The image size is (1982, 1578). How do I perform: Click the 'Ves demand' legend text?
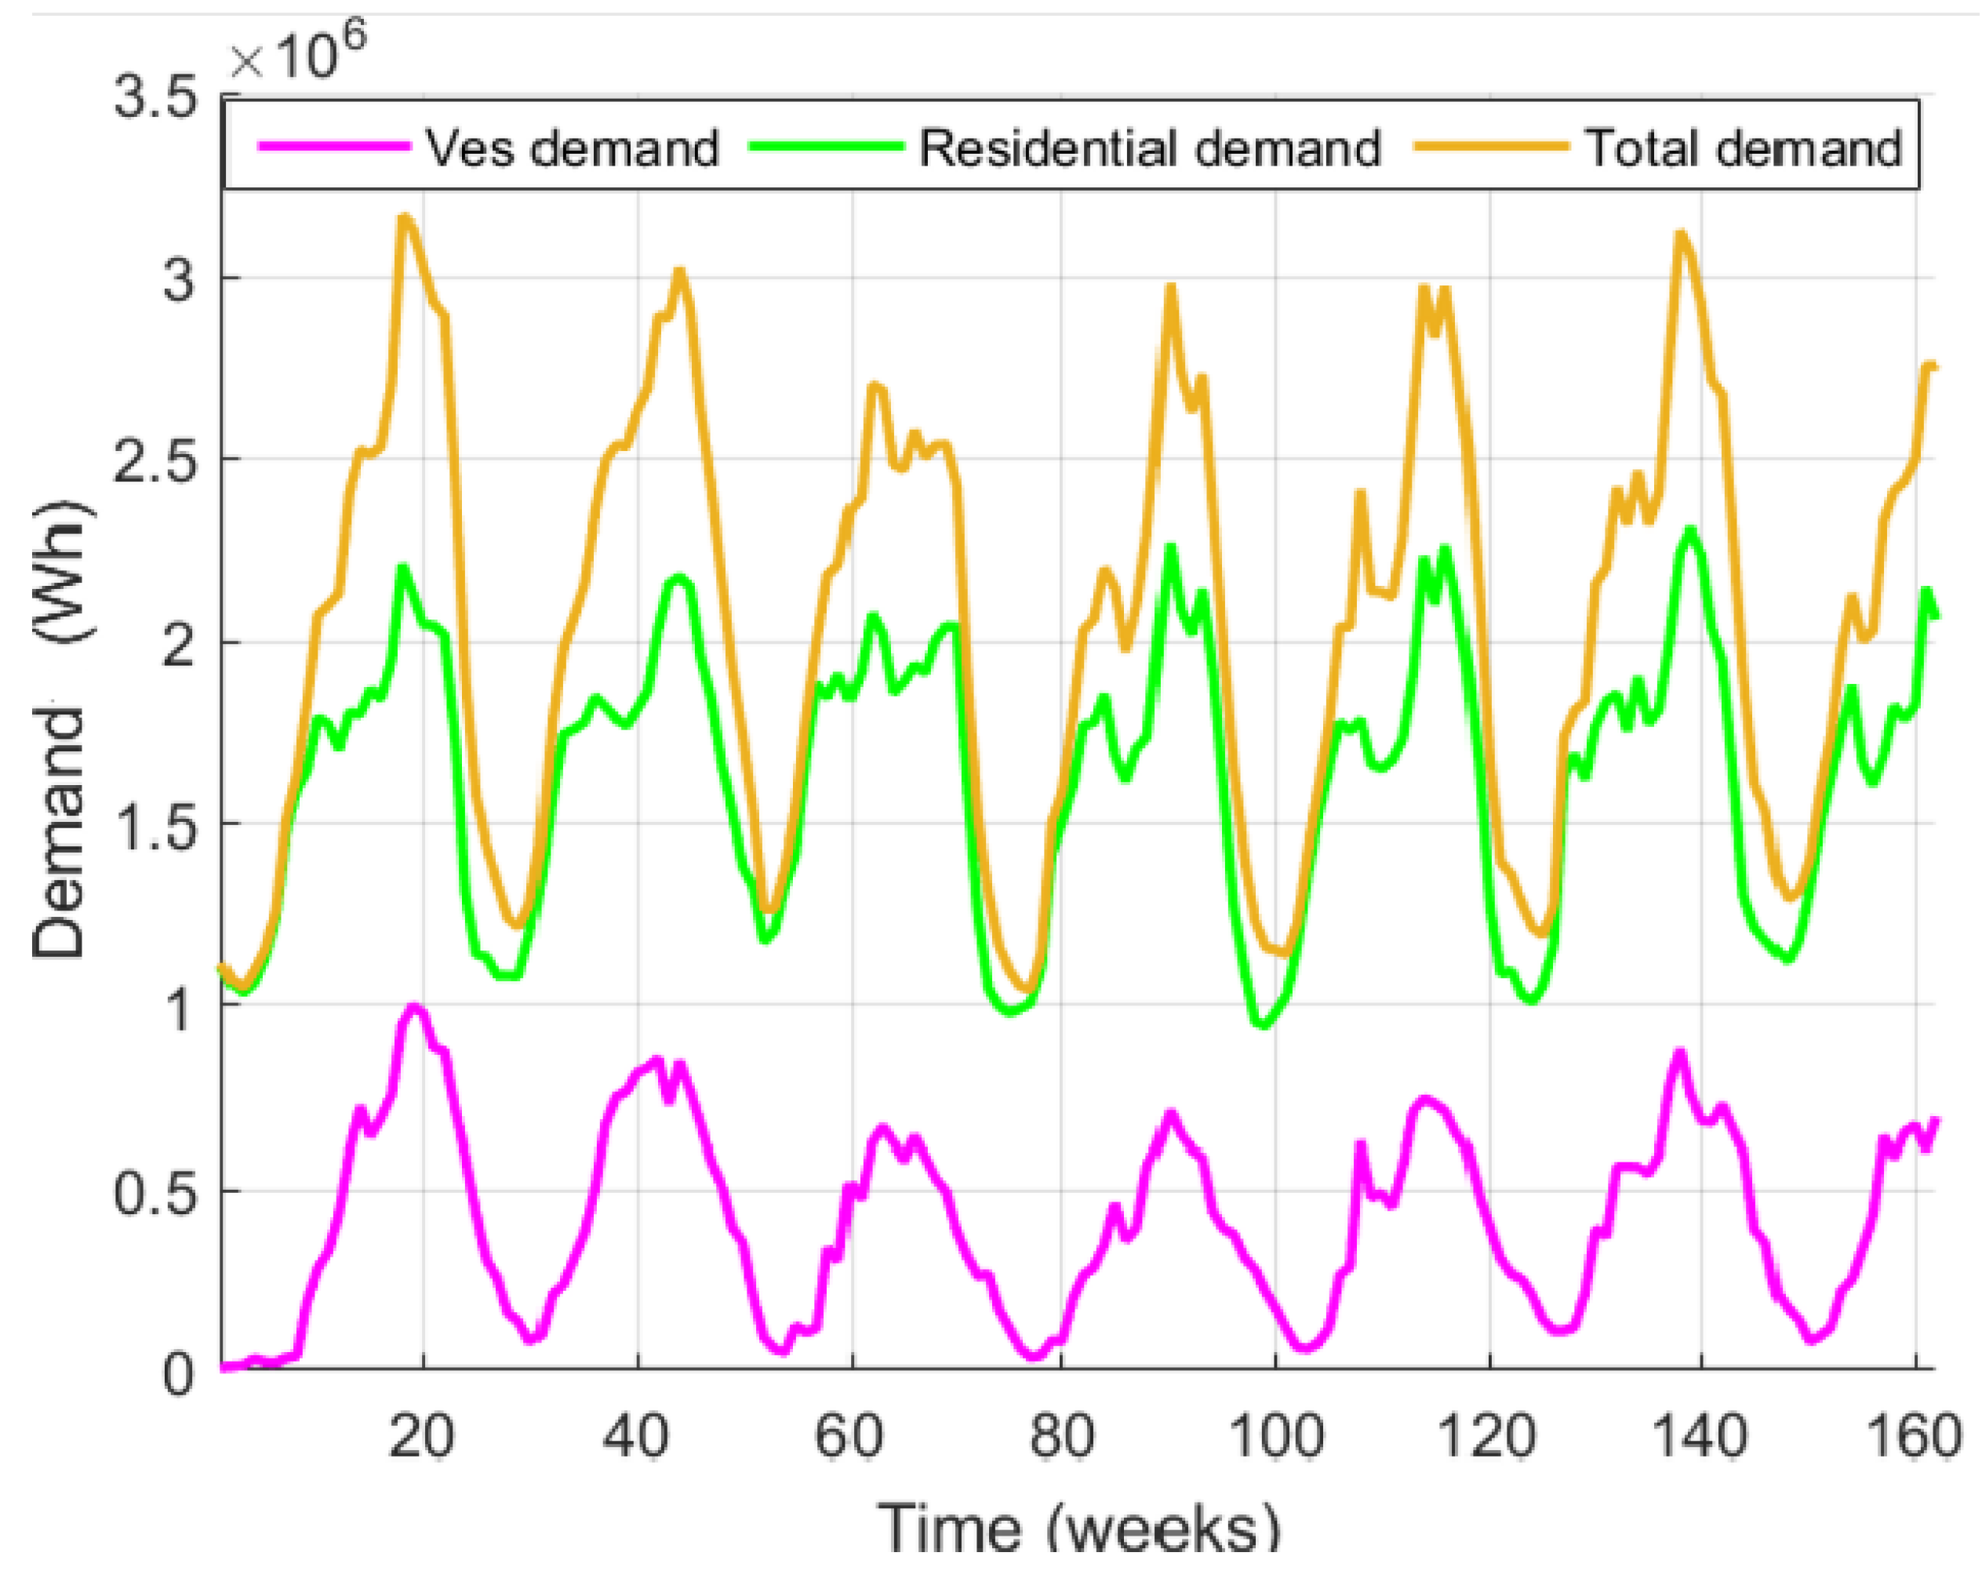pyautogui.click(x=572, y=148)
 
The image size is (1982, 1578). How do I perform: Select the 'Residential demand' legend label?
pyautogui.click(x=1150, y=148)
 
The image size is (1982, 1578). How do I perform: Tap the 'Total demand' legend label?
pyautogui.click(x=1743, y=148)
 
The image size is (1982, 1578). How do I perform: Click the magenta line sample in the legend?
pyautogui.click(x=333, y=147)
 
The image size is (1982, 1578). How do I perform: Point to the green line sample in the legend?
pyautogui.click(x=827, y=147)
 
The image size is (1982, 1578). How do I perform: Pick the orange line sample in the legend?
pyautogui.click(x=1491, y=147)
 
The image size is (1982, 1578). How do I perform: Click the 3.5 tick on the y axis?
pyautogui.click(x=155, y=96)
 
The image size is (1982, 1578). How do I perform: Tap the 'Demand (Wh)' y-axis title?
pyautogui.click(x=60, y=731)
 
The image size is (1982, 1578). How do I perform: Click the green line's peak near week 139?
pyautogui.click(x=1689, y=530)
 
